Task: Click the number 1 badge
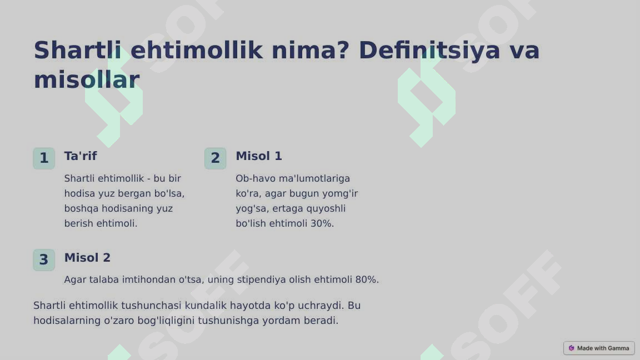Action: click(44, 158)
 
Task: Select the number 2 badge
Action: click(216, 158)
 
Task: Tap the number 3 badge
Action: click(44, 260)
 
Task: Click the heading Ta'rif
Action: click(81, 156)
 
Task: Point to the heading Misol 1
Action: click(259, 156)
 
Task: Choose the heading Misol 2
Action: click(87, 258)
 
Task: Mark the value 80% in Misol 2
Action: click(367, 279)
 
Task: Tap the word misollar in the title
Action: click(86, 80)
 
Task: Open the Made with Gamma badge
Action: click(599, 348)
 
